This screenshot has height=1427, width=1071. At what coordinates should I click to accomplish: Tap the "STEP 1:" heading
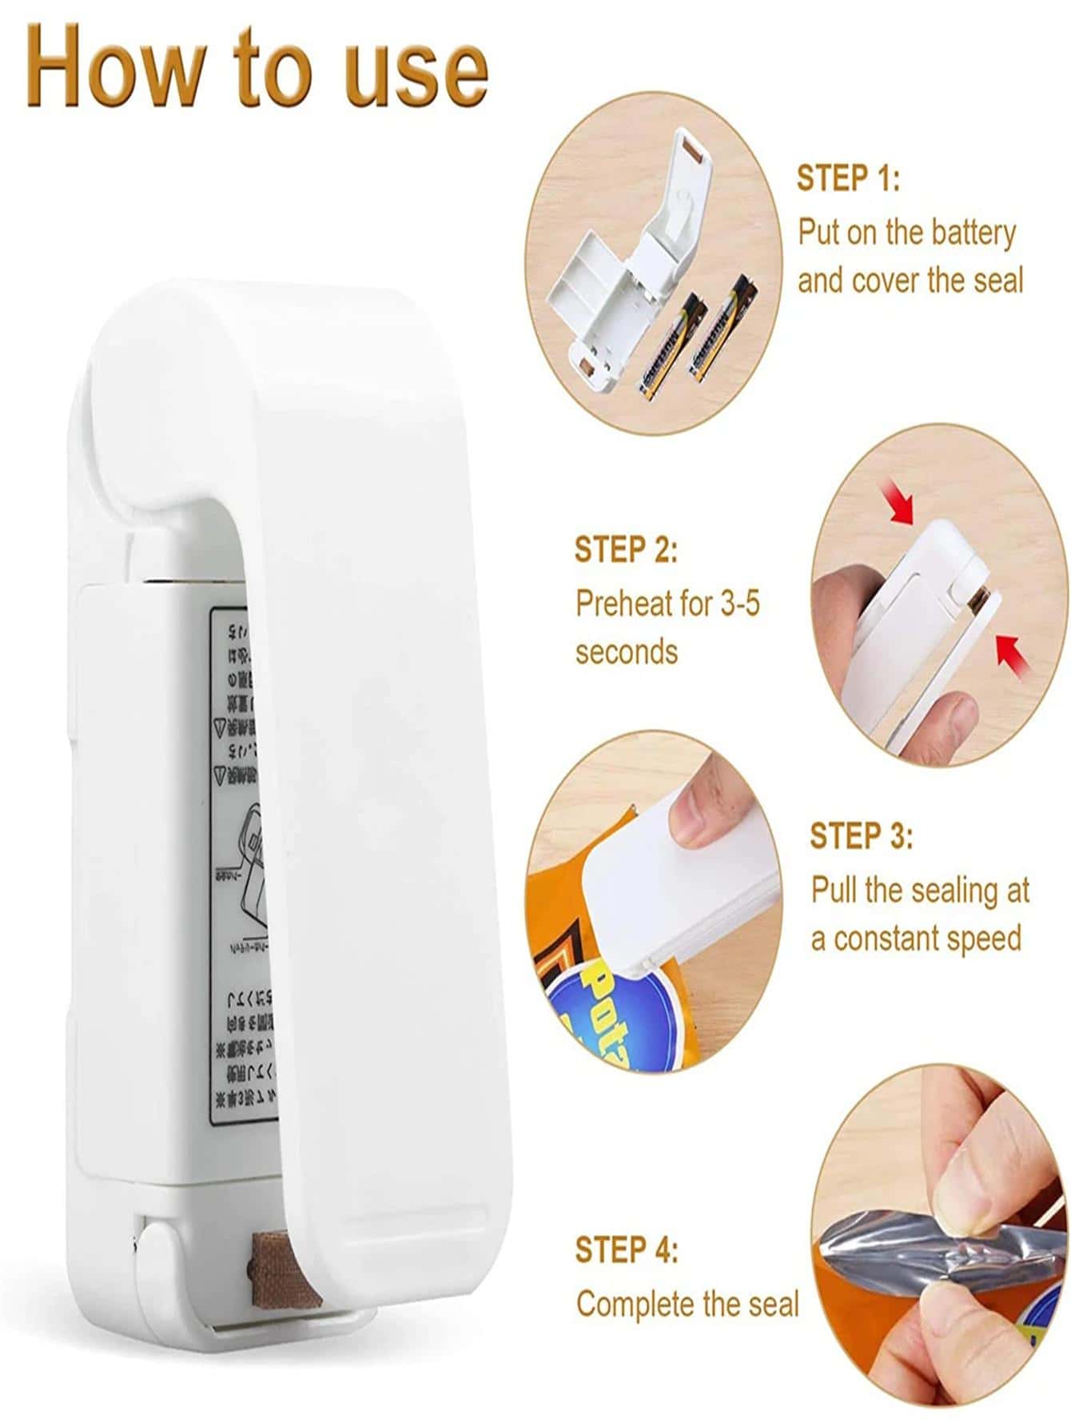pyautogui.click(x=848, y=178)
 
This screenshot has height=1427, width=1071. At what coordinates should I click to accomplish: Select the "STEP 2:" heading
pyautogui.click(x=626, y=550)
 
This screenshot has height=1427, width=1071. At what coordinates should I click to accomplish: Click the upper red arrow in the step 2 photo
pyautogui.click(x=901, y=506)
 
